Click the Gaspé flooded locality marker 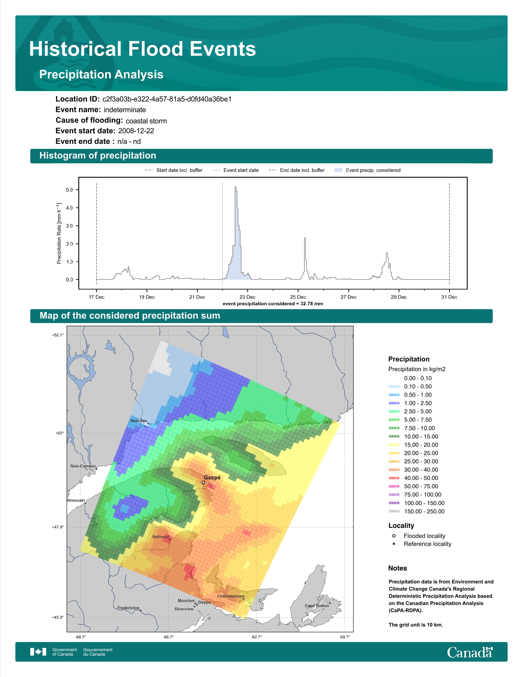point(203,482)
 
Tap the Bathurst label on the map point(161,537)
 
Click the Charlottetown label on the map point(231,596)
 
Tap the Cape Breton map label point(317,606)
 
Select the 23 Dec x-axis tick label point(247,297)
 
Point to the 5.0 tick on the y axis point(69,190)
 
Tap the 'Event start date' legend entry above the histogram point(235,170)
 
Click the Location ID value point(167,99)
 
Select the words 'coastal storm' point(146,121)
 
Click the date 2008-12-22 point(136,131)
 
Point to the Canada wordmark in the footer point(470,652)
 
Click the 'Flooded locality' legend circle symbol point(394,536)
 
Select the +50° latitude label point(59,433)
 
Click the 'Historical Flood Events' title point(143,49)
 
